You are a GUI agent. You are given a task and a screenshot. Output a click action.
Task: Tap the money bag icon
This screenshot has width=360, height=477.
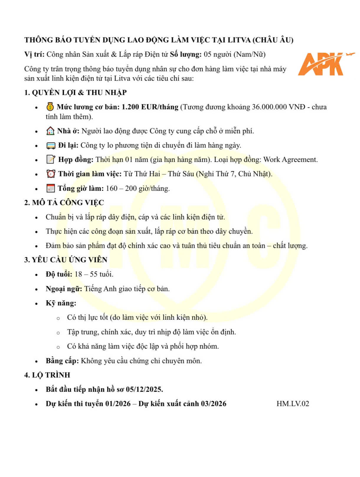50,106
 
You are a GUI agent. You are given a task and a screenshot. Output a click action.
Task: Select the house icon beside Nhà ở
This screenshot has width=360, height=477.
50,131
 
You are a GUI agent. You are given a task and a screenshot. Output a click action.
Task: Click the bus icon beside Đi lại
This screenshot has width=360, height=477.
51,145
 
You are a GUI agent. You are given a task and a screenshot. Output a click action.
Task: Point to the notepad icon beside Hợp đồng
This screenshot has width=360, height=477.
51,160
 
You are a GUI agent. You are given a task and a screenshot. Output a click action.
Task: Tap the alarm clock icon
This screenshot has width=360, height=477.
51,174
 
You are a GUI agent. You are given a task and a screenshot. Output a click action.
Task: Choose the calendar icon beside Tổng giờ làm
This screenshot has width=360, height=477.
50,188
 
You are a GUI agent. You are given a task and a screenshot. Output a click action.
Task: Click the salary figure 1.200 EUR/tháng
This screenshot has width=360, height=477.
150,107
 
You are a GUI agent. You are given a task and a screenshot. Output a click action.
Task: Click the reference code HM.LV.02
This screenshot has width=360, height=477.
293,404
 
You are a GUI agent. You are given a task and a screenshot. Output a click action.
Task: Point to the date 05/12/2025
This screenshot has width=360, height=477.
144,389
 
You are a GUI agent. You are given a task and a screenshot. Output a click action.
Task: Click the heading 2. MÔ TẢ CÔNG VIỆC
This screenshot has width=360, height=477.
64,203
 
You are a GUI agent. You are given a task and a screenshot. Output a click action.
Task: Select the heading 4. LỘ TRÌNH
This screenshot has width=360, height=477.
47,375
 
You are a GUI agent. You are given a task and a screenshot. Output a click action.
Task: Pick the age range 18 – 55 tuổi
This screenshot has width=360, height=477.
94,274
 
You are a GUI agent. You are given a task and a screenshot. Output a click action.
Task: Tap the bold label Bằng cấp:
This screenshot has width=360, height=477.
62,361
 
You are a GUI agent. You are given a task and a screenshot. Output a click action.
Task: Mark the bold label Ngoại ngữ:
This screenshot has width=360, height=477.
64,289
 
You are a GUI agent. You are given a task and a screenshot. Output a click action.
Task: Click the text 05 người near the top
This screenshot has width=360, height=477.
218,54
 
